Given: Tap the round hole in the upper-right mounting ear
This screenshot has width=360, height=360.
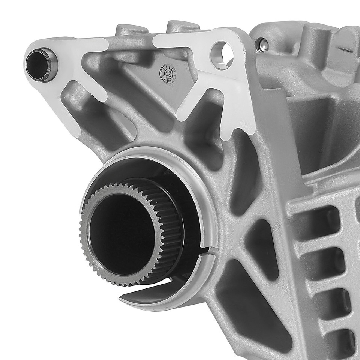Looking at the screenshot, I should pyautogui.click(x=222, y=55).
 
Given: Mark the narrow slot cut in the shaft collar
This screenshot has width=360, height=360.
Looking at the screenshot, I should pyautogui.click(x=208, y=250).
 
